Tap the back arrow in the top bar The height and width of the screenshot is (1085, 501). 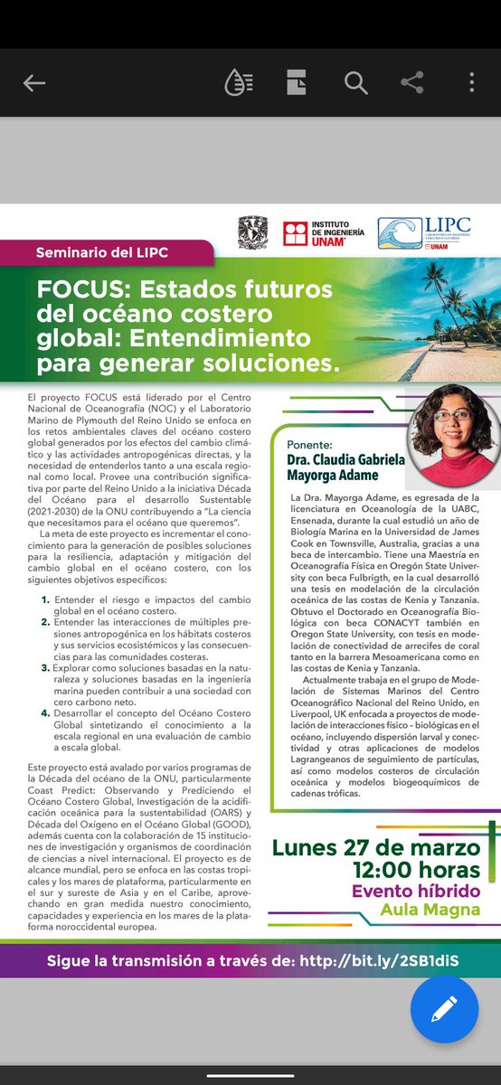pyautogui.click(x=34, y=83)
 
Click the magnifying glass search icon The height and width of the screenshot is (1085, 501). pyautogui.click(x=354, y=83)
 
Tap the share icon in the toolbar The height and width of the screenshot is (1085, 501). pyautogui.click(x=412, y=83)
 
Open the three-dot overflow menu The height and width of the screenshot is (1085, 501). pyautogui.click(x=472, y=83)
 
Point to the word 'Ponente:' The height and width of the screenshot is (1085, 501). pyautogui.click(x=309, y=445)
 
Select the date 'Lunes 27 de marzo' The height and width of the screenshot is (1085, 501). pyautogui.click(x=375, y=848)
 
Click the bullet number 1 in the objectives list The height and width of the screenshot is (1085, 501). pyautogui.click(x=45, y=600)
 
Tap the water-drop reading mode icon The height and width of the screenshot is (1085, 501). pyautogui.click(x=238, y=83)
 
